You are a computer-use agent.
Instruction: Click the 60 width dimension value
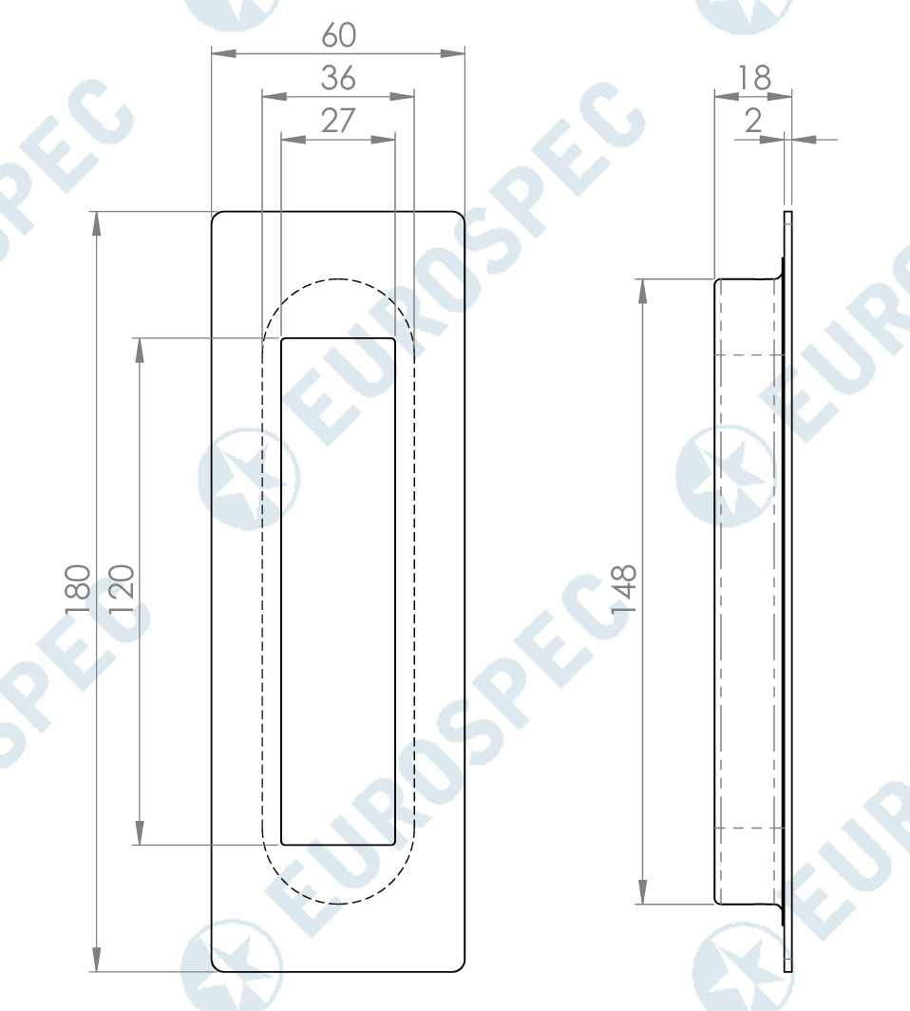click(338, 34)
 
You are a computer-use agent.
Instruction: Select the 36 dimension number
click(338, 77)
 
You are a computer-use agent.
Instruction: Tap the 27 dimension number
click(337, 121)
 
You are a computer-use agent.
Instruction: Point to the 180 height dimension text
click(79, 590)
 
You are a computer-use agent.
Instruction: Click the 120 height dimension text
click(122, 590)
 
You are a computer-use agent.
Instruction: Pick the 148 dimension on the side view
click(624, 590)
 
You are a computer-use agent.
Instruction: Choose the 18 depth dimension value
click(754, 77)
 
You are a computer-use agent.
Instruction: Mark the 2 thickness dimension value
click(754, 121)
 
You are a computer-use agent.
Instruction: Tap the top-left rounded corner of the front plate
click(216, 216)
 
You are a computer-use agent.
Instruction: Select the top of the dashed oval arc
click(338, 279)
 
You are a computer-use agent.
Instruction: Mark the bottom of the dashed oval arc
click(338, 903)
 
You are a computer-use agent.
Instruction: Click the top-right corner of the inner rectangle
click(394, 338)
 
